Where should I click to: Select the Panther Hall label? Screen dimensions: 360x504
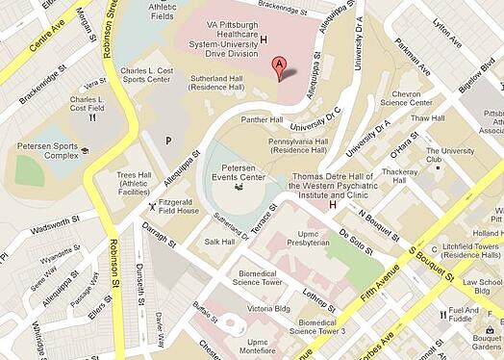[x=262, y=120]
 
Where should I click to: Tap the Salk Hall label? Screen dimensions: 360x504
[x=218, y=242]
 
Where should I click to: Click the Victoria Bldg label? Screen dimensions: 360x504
[x=266, y=310]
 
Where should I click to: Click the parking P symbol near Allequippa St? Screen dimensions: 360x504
[x=168, y=140]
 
